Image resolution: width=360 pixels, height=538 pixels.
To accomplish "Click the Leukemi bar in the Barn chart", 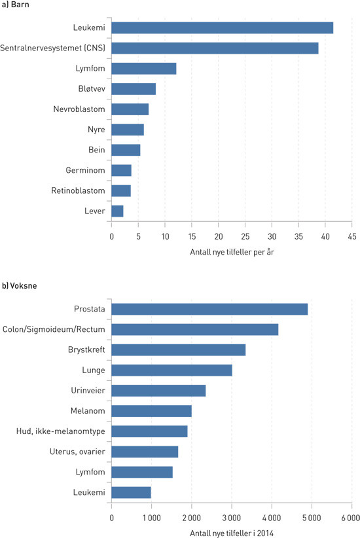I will (222, 27).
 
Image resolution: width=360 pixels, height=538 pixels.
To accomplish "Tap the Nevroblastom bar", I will (130, 109).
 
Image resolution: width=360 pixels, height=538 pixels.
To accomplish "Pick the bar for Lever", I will (117, 211).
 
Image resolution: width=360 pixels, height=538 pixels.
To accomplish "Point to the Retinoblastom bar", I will (121, 190).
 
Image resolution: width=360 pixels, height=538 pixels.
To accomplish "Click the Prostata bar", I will (209, 309).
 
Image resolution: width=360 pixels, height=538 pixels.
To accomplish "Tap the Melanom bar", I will (151, 411).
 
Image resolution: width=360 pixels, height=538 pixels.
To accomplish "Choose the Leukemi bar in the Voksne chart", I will (131, 492).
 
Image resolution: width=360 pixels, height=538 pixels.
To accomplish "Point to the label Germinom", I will (85, 170).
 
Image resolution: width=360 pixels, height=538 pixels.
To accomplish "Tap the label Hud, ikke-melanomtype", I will (60, 431).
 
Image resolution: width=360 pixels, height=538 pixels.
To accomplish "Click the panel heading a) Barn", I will (16, 5).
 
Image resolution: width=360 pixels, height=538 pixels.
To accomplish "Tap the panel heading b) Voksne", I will (22, 286).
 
